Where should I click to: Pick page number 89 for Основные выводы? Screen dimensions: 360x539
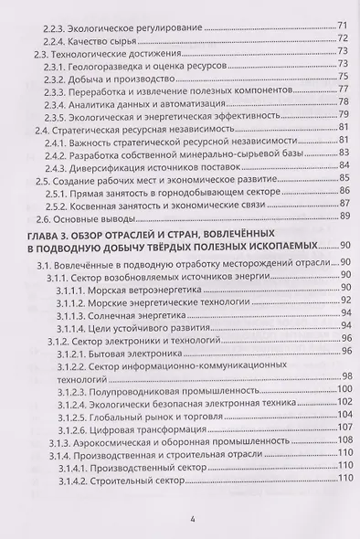[344, 217]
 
